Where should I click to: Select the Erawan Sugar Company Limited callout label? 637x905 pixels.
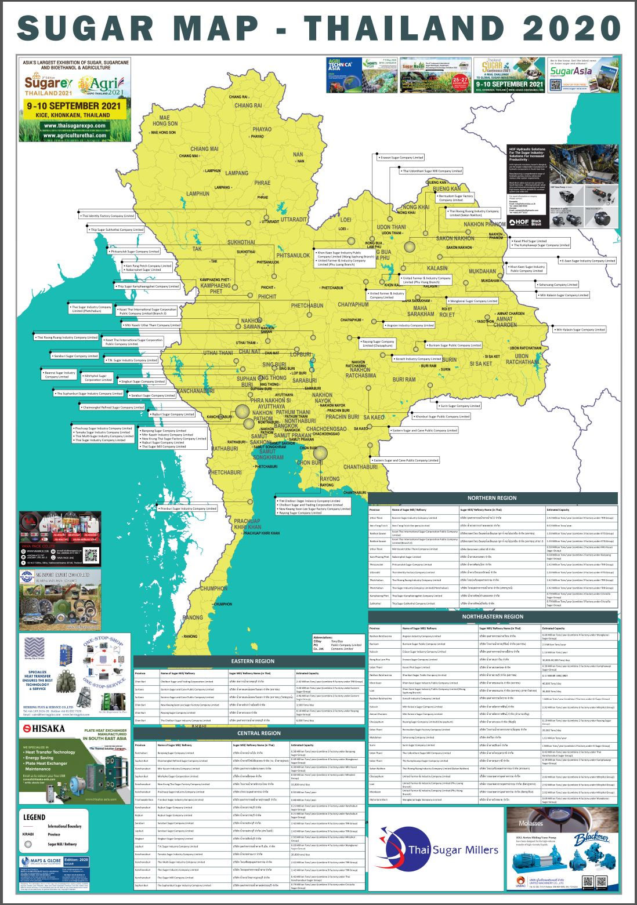401,158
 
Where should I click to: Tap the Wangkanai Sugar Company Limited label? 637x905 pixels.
473,301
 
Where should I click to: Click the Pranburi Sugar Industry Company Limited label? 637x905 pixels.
188,508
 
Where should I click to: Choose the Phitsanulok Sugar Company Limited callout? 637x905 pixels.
135,252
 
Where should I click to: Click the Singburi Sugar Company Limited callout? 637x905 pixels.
143,381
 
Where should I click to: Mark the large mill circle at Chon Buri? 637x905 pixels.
320,453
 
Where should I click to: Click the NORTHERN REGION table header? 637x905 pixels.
492,498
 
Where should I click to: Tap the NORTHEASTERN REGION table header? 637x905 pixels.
493,617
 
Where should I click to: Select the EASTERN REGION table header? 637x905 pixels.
252,661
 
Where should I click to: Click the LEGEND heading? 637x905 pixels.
34,817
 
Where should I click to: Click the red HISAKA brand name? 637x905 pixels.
44,728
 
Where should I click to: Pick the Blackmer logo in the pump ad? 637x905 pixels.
591,838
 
